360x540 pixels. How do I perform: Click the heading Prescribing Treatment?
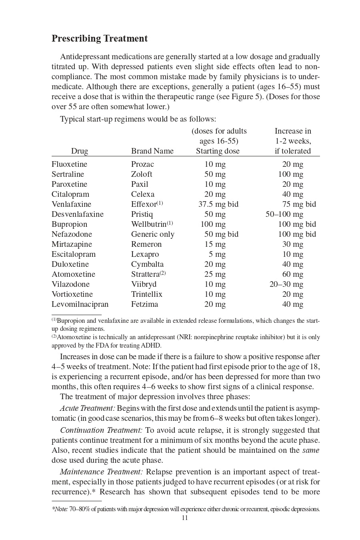tap(100, 39)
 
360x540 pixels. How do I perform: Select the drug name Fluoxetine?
tap(69, 164)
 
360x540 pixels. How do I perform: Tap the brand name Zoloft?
tap(142, 174)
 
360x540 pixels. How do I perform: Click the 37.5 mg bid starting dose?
tap(218, 204)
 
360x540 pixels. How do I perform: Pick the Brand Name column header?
tap(152, 151)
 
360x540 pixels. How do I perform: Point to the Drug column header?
tap(80, 151)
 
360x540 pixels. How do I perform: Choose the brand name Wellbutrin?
tap(149, 224)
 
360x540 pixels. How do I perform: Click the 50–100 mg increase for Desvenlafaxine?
tap(284, 214)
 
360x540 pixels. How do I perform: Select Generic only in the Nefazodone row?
tap(153, 234)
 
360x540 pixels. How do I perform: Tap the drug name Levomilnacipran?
tap(80, 304)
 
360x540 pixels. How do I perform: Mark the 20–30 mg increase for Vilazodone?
tap(286, 284)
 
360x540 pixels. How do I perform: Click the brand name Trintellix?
tap(147, 294)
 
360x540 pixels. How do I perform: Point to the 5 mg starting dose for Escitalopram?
tap(217, 254)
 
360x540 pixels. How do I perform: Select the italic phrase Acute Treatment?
tap(88, 408)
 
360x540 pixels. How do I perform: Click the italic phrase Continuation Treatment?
tap(101, 430)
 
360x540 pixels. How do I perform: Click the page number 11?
tap(185, 518)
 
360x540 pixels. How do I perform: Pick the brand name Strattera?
tap(146, 274)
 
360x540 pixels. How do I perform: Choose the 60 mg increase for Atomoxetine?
tap(293, 274)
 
